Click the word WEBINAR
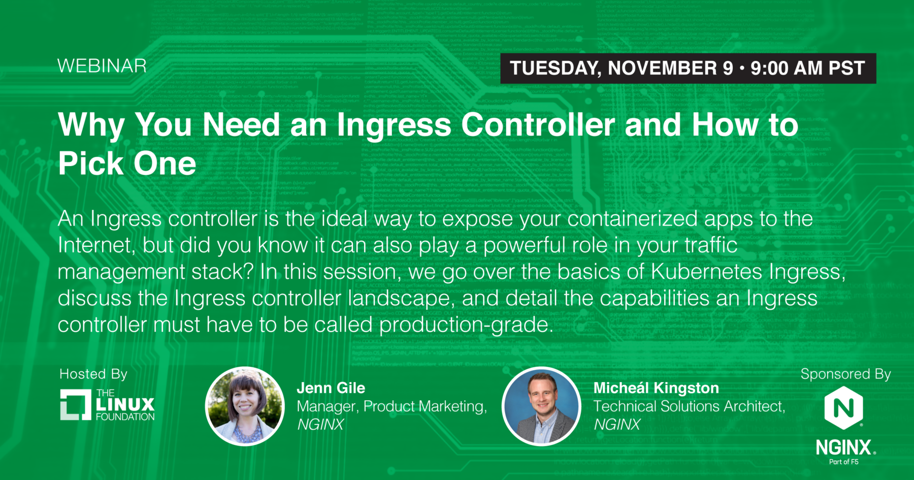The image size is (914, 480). (x=102, y=66)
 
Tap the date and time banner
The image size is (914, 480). (x=688, y=68)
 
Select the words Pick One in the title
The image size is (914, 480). (x=127, y=164)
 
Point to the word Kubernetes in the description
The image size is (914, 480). (x=706, y=271)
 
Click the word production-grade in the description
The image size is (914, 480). (x=466, y=325)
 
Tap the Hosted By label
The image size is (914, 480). (x=93, y=374)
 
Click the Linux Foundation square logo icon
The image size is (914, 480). (x=76, y=405)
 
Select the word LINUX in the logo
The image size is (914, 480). (x=125, y=405)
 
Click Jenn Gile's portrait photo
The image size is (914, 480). (x=245, y=406)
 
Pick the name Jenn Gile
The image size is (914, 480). (x=331, y=388)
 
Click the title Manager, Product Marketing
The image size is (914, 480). (x=391, y=406)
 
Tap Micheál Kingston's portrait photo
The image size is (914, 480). (x=541, y=406)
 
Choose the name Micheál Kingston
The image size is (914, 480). (x=656, y=388)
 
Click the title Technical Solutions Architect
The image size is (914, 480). (x=689, y=406)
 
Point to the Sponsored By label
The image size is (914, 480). (x=845, y=374)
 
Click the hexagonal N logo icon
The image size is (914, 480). (x=843, y=407)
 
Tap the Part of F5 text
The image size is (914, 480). (x=843, y=462)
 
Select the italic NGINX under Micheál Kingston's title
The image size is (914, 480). (x=617, y=425)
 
